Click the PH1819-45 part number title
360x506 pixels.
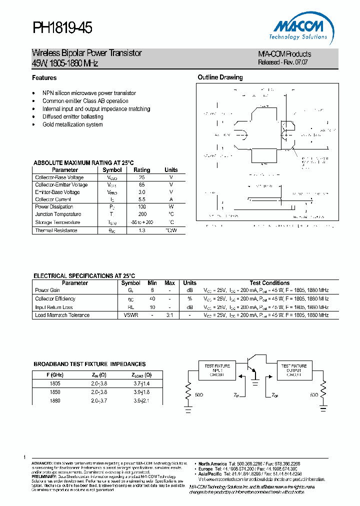point(62,29)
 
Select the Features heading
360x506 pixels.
point(44,78)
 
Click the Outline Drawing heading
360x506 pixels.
point(220,77)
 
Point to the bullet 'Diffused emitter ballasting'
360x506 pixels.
point(73,116)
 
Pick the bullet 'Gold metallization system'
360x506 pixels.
point(72,124)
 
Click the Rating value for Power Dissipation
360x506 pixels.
point(142,207)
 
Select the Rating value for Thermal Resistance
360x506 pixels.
point(142,230)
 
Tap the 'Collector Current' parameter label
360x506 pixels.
point(53,199)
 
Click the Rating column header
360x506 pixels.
point(142,170)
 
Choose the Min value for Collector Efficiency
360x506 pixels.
point(152,299)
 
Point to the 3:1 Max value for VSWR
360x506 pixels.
point(170,315)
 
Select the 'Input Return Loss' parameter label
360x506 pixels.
point(54,307)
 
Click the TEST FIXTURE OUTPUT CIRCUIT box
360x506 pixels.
point(293,370)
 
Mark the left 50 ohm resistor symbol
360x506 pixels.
point(188,391)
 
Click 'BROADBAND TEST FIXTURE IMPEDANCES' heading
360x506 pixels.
point(89,364)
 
